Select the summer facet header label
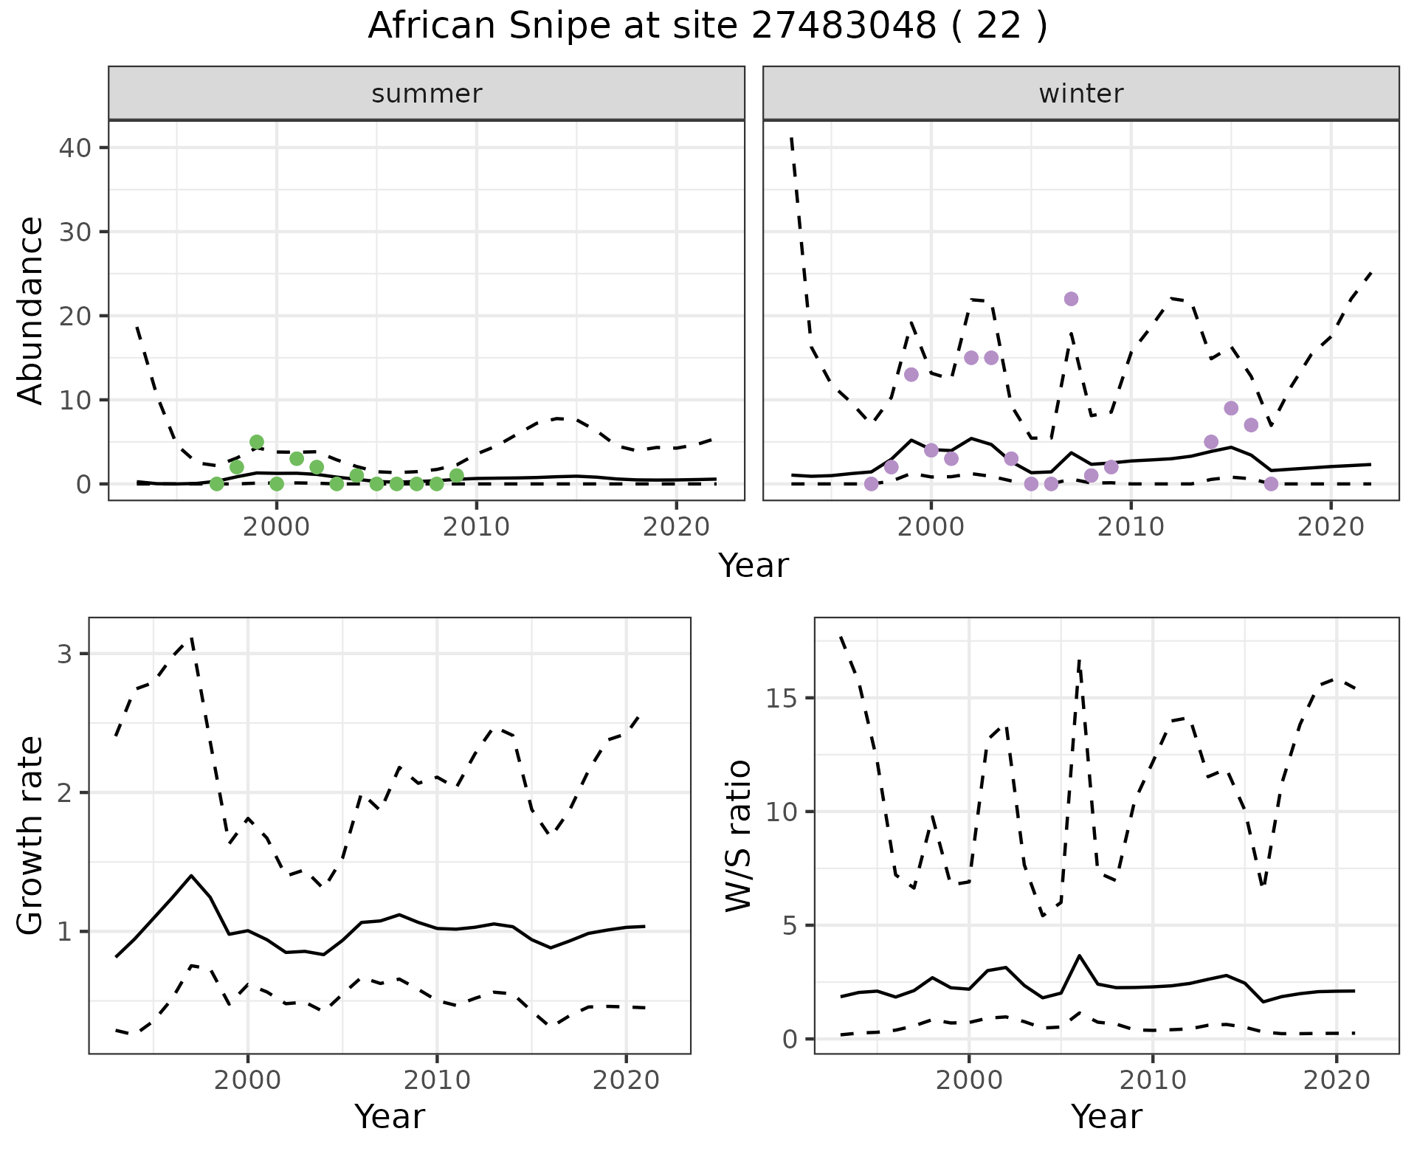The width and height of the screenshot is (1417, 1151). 427,94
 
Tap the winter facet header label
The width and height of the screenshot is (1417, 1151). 1080,94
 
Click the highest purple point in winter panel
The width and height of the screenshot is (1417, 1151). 1071,299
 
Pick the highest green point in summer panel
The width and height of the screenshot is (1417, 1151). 257,442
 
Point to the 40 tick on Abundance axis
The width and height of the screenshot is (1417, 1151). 76,148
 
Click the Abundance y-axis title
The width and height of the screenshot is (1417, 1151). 31,310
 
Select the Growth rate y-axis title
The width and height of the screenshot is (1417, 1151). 31,836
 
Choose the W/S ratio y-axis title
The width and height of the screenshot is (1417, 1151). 739,836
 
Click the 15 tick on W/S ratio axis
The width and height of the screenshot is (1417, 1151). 782,698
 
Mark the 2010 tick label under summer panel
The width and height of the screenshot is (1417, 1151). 476,527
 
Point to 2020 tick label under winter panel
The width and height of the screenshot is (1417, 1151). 1330,527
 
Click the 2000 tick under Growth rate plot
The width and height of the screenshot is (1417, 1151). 248,1080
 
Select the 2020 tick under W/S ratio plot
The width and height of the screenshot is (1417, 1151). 1336,1080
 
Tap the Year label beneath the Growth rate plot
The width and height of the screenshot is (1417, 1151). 390,1117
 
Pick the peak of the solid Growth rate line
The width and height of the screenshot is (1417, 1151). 191,875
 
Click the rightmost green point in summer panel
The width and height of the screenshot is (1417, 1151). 456,475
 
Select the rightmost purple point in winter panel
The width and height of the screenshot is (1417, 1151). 1271,484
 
